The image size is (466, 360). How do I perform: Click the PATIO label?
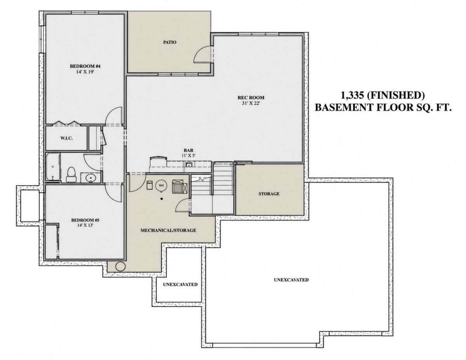(170, 42)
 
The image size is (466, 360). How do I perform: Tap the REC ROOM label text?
(251, 98)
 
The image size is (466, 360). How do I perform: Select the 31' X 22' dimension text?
(251, 103)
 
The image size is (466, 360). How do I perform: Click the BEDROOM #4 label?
(85, 66)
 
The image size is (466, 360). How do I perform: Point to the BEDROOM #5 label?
(85, 220)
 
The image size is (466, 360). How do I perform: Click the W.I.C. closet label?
(66, 138)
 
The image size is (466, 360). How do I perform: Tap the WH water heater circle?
(161, 185)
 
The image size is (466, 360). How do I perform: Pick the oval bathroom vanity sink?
(91, 178)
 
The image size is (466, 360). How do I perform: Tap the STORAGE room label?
(269, 194)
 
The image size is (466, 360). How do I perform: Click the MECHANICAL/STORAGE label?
(169, 231)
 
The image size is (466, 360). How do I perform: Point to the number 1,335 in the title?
(352, 96)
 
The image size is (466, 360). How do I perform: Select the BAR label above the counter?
(188, 151)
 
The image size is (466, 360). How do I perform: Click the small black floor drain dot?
(162, 199)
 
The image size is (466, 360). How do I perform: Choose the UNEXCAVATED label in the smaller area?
(180, 285)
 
